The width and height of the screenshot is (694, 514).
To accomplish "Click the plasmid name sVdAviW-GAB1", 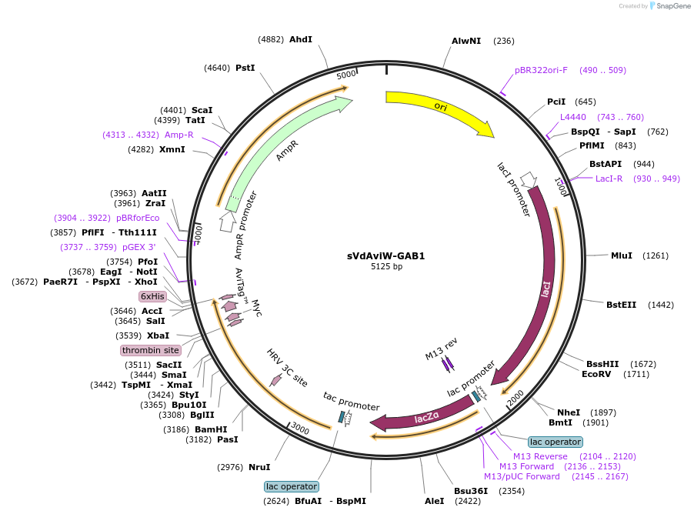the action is pos(386,256).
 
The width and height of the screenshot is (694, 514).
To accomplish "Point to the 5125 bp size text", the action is pos(386,266).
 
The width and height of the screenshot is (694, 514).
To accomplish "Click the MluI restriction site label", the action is pos(622,255).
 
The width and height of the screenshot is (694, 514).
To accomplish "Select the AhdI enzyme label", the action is pos(301,39).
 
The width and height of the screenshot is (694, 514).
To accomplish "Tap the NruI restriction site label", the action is pos(259,467).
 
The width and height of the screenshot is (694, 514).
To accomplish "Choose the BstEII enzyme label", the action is pos(621,305).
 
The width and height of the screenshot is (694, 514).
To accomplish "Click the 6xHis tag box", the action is pos(152,296).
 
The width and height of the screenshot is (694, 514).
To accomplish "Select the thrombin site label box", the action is pos(151,350).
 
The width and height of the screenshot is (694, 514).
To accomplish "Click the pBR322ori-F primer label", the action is pos(541,70).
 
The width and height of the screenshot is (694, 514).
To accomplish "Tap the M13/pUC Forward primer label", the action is pos(522,476).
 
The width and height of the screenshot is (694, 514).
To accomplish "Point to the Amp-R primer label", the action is pos(179,135).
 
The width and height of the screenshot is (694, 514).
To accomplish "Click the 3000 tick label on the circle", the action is pos(300,429).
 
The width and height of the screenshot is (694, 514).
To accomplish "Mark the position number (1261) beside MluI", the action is pos(655,255).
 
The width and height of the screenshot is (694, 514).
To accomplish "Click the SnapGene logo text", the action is pos(672,5).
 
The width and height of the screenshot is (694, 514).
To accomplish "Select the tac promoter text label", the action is pos(352,401).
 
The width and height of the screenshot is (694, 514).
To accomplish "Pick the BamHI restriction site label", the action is pos(211,429).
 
